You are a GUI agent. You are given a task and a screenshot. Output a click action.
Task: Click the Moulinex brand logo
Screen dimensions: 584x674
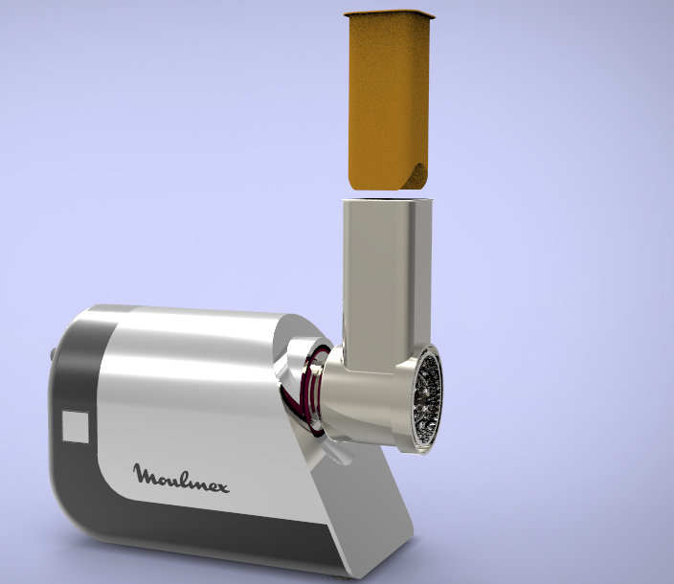181,476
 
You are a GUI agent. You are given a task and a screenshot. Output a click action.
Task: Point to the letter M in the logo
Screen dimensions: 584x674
144,473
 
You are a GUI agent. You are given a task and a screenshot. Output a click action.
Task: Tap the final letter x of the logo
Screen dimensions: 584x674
222,485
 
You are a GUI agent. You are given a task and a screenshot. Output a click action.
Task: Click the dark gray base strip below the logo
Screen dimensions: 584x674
191,536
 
